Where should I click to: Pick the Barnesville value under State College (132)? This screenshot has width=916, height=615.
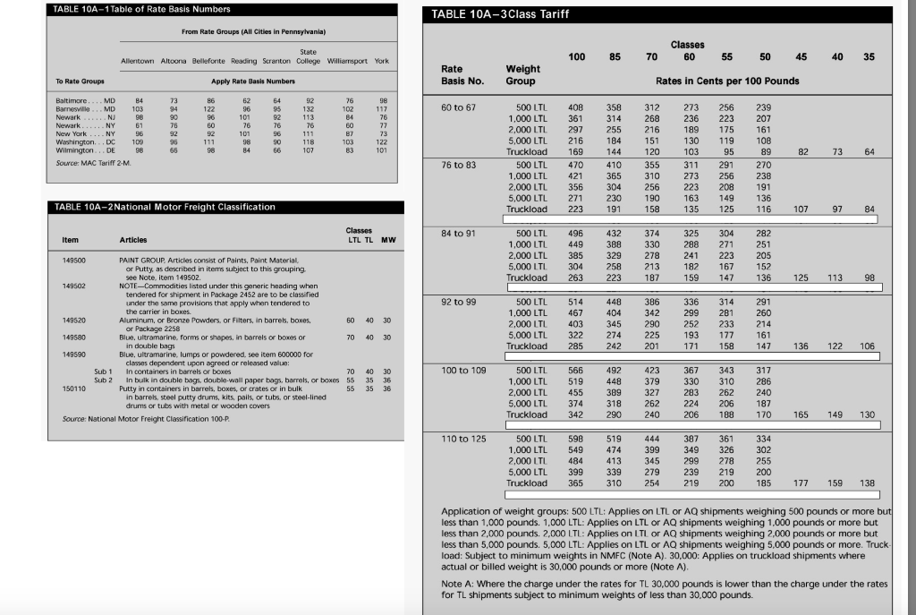310,109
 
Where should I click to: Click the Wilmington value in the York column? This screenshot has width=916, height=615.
382,151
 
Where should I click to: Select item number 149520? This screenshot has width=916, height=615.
74,320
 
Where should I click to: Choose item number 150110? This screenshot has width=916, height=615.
74,389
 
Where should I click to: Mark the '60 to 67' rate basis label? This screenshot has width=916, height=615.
462,107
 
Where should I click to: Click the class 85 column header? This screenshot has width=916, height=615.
615,56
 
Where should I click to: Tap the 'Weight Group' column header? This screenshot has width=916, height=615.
522,74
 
